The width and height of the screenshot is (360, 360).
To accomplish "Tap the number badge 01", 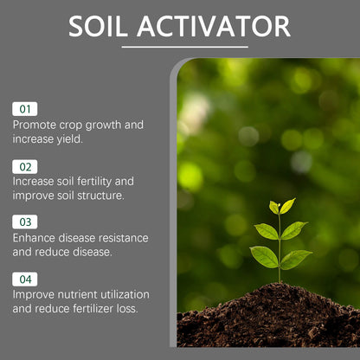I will (24, 109).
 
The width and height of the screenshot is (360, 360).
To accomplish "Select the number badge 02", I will (24, 165).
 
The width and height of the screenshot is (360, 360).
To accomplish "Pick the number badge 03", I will (24, 222).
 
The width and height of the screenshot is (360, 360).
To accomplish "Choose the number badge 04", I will (24, 279).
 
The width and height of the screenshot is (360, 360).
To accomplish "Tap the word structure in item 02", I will (100, 195).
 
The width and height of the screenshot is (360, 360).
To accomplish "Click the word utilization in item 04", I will (123, 294).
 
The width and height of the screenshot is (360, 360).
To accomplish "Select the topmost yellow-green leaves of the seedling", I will (282, 206).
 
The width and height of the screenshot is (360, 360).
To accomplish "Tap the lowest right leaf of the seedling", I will (296, 258).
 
